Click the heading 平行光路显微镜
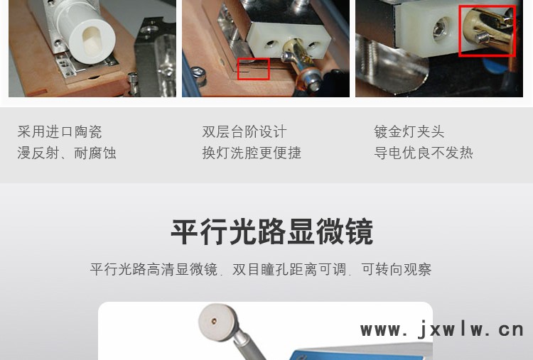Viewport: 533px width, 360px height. click(x=272, y=232)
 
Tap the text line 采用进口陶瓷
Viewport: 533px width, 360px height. click(x=60, y=132)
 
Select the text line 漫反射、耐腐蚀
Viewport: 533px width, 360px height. click(x=67, y=153)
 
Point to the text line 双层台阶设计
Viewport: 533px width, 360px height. click(x=244, y=132)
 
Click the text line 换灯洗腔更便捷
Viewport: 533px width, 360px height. click(x=252, y=153)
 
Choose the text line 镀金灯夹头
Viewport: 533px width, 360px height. click(x=409, y=132)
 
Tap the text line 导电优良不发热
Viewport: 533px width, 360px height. click(x=424, y=153)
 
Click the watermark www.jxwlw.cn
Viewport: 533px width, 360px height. click(x=442, y=330)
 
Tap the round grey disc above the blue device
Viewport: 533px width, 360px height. click(x=216, y=322)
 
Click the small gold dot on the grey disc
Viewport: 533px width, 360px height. click(x=214, y=320)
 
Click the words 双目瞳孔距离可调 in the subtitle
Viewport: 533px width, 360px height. click(x=289, y=269)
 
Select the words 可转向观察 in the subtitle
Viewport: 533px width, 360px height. click(x=397, y=269)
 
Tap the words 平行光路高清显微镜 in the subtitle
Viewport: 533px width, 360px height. click(x=154, y=269)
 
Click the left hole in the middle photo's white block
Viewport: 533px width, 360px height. click(x=271, y=44)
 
